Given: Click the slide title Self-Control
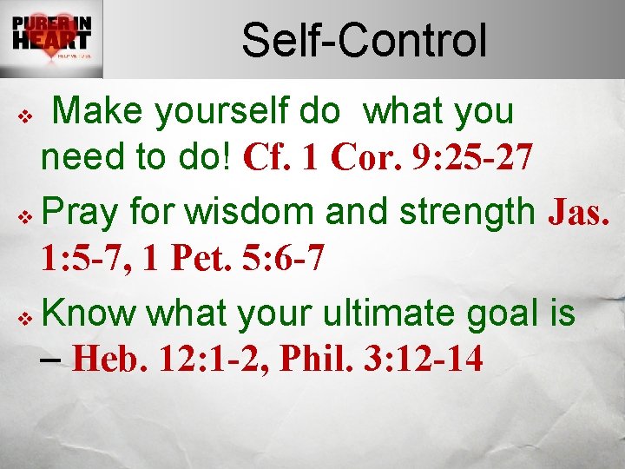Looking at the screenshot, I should (364, 41).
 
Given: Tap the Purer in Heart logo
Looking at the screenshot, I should (51, 38).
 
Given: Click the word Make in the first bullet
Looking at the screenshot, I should (103, 112).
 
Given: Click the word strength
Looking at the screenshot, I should (468, 209).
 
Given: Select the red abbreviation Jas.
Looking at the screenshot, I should (581, 209).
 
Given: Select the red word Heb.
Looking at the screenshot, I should (112, 358).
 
